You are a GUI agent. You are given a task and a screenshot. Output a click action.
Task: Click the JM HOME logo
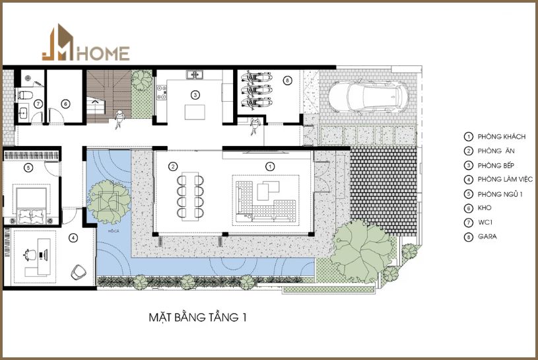[86, 43]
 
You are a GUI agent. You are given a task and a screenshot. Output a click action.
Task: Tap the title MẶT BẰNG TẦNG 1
[197, 318]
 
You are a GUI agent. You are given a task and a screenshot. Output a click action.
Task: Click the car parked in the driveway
[368, 96]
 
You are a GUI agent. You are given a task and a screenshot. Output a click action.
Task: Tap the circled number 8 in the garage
[288, 81]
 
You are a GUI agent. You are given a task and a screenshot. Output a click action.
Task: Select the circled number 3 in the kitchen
[195, 94]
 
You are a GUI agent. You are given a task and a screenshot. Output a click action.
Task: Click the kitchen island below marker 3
[195, 112]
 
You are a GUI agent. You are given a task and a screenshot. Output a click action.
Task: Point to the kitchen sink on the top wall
[195, 75]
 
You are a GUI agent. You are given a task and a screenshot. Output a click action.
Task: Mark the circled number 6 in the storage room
[65, 104]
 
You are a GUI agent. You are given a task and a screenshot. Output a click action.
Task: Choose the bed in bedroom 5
[32, 205]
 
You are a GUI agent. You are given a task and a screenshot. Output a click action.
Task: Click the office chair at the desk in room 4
[30, 255]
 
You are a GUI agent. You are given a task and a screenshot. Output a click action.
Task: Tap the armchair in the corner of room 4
[79, 272]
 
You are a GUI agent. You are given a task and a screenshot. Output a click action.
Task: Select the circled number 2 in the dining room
[173, 166]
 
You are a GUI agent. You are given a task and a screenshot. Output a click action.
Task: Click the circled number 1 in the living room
[270, 166]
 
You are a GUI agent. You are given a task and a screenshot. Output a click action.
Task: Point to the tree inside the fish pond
[109, 201]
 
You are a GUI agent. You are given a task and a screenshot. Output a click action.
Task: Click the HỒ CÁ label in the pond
[114, 231]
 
